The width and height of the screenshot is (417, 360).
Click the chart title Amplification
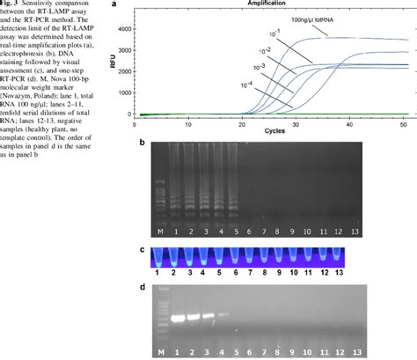coord(264,5)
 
